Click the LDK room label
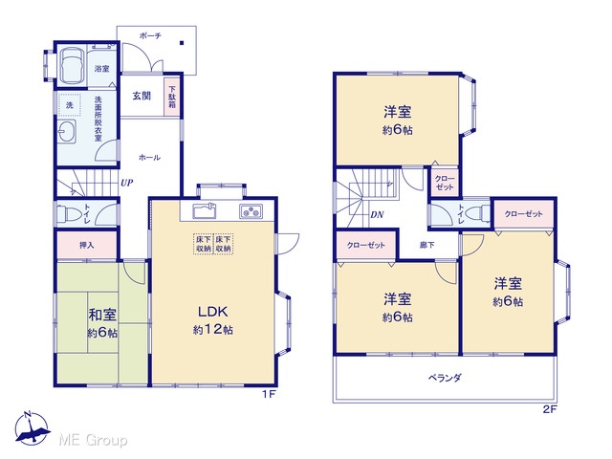[212, 312]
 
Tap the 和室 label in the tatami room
[102, 315]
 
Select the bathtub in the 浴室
[71, 65]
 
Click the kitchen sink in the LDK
[205, 211]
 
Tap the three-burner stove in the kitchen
[251, 211]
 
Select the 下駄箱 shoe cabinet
[172, 98]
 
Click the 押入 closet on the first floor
[87, 245]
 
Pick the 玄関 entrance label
[142, 96]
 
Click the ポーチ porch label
[150, 36]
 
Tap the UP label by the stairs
[126, 183]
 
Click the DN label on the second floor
[377, 214]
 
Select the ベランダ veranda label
[445, 378]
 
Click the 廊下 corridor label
[427, 245]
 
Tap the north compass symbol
[32, 428]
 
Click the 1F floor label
[269, 394]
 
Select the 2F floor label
[550, 409]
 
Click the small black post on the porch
[182, 43]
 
